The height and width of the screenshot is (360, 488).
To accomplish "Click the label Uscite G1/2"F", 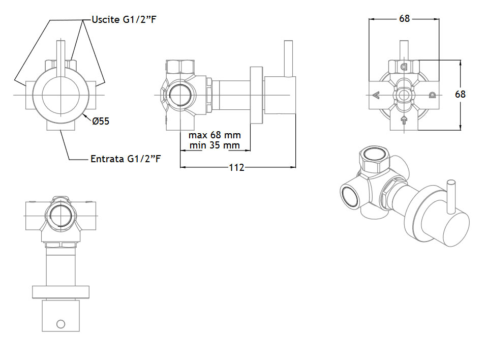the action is [124, 20].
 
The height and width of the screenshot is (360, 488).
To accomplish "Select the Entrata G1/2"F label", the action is [126, 159].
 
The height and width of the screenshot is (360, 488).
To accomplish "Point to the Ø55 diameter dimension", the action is [101, 121].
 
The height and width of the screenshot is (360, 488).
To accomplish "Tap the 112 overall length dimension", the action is [236, 168].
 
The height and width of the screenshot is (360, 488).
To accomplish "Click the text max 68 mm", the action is [215, 135].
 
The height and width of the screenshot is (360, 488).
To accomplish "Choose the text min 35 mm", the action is [215, 145].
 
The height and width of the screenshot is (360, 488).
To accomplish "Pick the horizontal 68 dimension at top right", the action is [404, 19].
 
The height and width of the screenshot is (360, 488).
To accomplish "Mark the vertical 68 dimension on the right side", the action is [461, 94].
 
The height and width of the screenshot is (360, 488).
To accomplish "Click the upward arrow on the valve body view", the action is [404, 120].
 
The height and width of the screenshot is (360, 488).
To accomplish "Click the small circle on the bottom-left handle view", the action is [60, 324].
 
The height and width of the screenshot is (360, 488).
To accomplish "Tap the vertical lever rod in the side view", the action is [289, 58].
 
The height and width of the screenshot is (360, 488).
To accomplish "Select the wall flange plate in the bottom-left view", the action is [60, 292].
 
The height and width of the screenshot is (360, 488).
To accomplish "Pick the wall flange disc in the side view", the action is [257, 95].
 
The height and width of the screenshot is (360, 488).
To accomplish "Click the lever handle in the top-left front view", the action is [61, 58].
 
